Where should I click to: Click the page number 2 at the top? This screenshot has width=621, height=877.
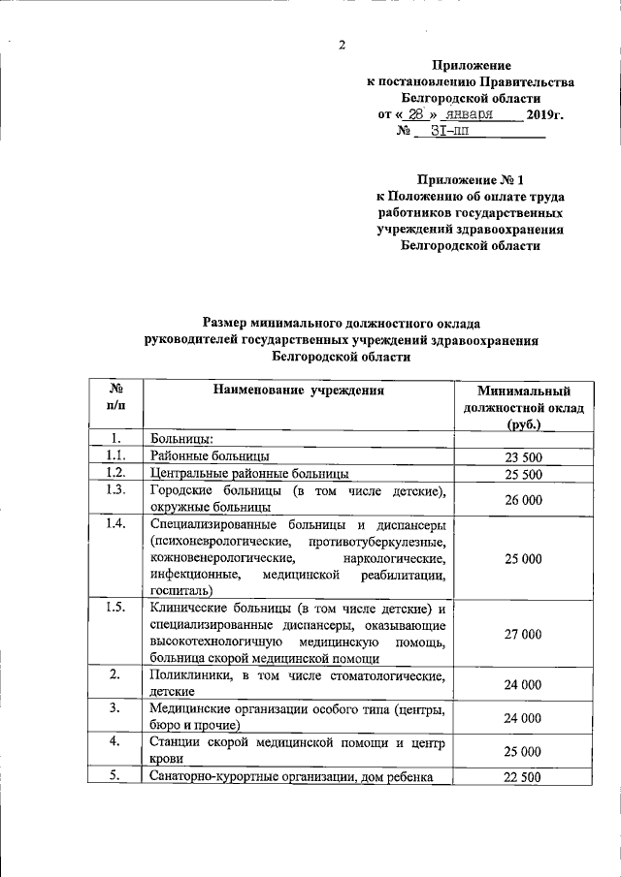click(343, 45)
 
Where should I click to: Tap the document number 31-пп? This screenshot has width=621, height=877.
click(448, 133)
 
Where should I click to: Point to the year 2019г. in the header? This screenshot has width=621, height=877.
click(544, 115)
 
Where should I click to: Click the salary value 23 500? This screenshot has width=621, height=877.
click(523, 457)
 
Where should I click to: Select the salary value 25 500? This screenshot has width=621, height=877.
click(523, 474)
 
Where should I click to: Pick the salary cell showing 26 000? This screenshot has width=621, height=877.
click(523, 499)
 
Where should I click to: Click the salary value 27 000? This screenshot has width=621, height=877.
click(523, 634)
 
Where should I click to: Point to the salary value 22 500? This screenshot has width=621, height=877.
click(523, 776)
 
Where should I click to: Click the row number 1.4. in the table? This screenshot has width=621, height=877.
click(115, 525)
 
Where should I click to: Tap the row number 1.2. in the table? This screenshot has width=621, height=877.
click(115, 473)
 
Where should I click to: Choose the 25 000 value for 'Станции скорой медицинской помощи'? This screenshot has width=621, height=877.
click(523, 751)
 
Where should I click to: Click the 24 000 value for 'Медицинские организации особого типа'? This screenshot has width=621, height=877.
click(523, 718)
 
